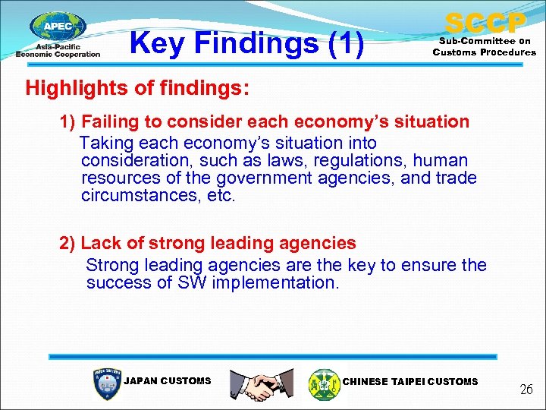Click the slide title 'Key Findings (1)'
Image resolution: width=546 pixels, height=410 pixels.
(247, 43)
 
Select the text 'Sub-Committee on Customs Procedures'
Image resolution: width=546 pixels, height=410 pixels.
(484, 47)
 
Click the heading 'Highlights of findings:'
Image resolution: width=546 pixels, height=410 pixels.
(137, 87)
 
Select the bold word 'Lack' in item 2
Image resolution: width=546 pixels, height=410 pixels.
(100, 243)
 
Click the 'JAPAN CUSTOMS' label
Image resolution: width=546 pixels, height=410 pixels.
(167, 380)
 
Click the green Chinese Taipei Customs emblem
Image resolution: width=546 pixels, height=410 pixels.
(324, 383)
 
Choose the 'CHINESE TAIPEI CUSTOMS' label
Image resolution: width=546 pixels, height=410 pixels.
(410, 381)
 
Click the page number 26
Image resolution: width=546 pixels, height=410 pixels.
(526, 389)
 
